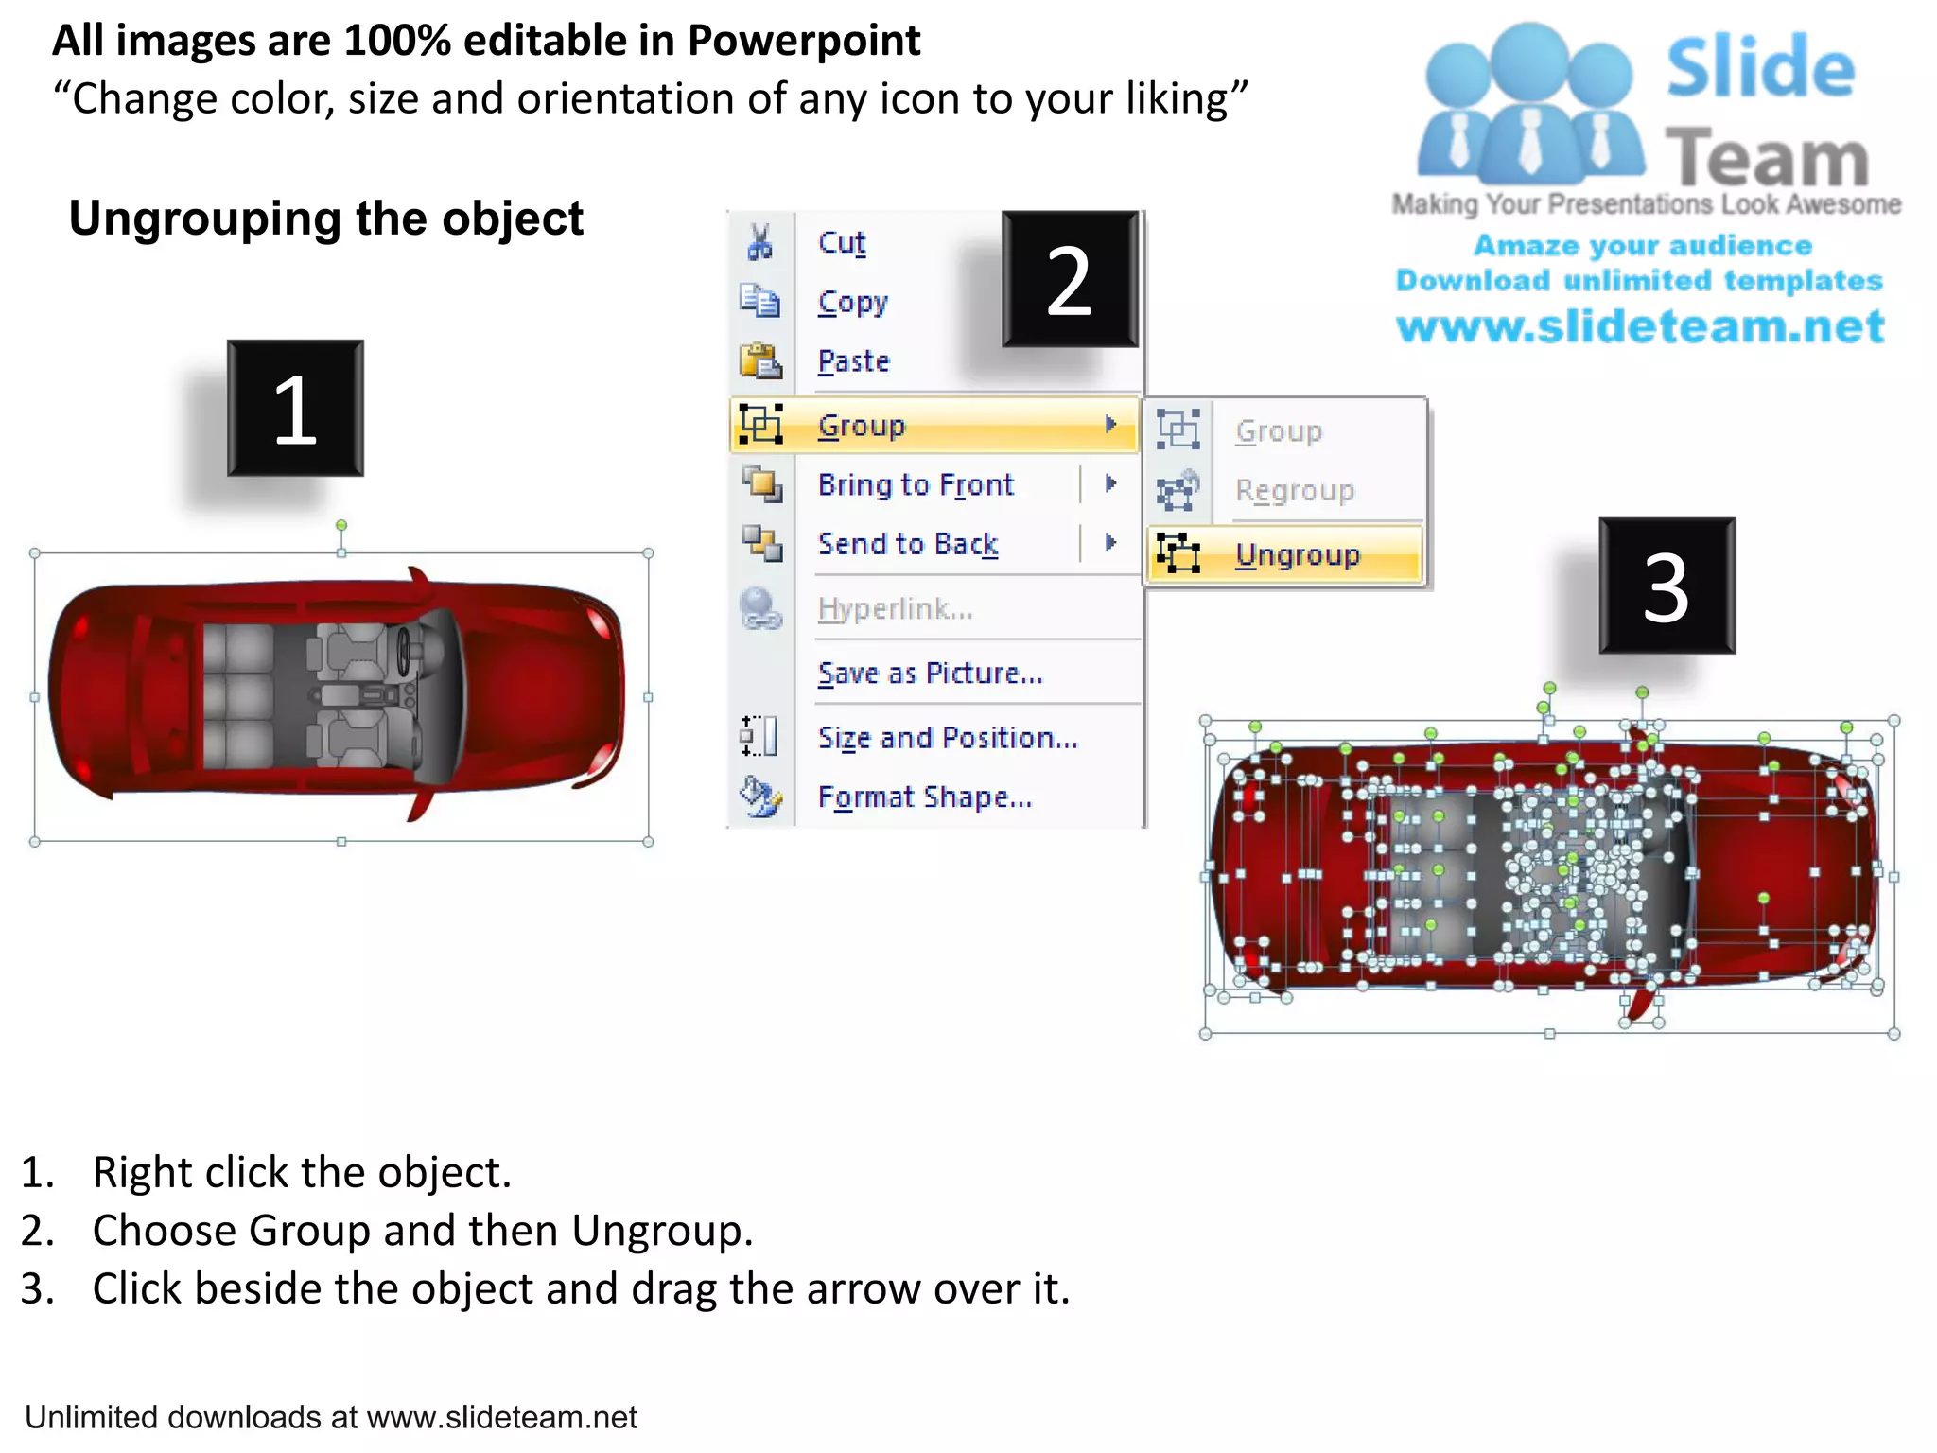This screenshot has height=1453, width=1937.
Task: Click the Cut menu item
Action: point(842,243)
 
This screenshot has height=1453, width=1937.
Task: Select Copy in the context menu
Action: point(853,303)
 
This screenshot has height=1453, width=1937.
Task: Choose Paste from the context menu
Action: point(854,361)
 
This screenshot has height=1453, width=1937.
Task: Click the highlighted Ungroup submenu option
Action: point(1298,554)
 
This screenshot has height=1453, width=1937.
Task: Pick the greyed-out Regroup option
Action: point(1295,491)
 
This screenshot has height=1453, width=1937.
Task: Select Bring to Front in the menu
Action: point(916,484)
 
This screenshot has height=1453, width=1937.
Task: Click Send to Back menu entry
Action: point(908,544)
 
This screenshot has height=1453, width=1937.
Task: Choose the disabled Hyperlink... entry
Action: point(895,608)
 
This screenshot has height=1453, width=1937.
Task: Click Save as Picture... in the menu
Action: point(930,673)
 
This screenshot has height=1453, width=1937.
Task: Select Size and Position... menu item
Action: point(948,738)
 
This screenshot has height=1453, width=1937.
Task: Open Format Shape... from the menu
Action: point(925,797)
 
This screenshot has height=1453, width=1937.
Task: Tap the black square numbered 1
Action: point(295,408)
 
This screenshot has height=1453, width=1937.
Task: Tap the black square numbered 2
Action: point(1070,279)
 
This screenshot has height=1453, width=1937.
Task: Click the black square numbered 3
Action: point(1667,586)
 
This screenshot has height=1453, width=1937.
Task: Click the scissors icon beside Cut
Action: point(759,242)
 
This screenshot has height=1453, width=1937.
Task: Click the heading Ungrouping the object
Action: point(326,219)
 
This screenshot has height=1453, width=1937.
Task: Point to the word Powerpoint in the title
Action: point(804,41)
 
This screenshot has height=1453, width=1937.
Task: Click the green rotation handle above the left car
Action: point(341,525)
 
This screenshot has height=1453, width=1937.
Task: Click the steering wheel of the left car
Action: point(406,653)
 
